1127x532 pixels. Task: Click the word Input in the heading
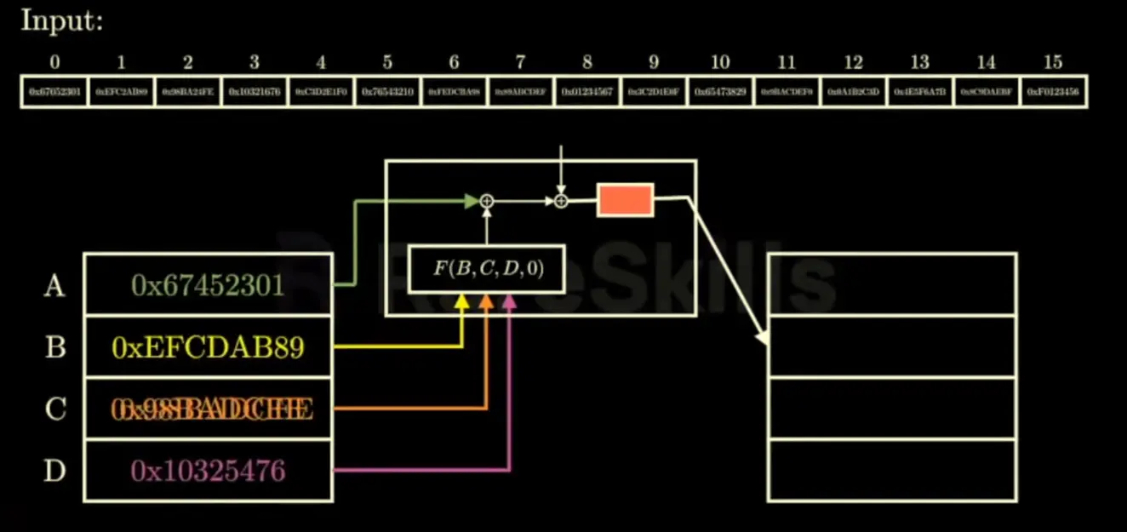pos(60,20)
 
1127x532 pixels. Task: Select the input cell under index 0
pos(54,91)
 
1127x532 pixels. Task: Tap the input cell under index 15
pos(1054,91)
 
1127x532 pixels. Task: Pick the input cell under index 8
pos(586,91)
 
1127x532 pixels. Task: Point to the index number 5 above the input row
pos(387,62)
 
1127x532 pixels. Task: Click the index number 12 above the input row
pos(853,62)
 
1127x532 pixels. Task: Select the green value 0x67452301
pos(207,285)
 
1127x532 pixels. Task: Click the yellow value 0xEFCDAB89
pos(207,347)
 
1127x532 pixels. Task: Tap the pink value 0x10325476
pos(207,471)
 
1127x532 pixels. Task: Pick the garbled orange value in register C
pos(211,409)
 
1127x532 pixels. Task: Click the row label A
pos(54,286)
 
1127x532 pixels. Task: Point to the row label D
pos(54,471)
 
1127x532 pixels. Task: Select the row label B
pos(54,348)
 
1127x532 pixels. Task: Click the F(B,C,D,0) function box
pos(487,269)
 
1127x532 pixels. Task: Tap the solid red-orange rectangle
pos(625,200)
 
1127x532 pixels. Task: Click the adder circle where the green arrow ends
pos(487,201)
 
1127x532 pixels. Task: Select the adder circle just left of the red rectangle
pos(561,201)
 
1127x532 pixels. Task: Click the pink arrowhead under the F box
pos(510,300)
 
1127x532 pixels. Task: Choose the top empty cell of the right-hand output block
pos(892,284)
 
